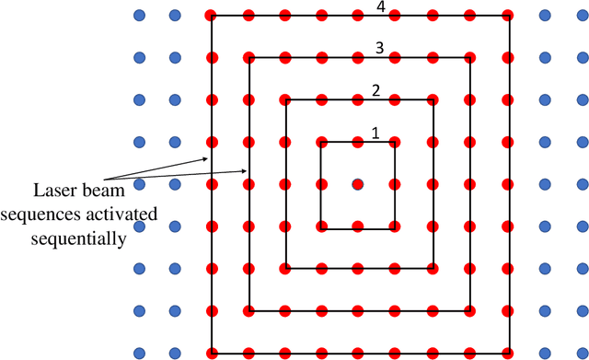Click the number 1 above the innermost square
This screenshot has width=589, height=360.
[375, 133]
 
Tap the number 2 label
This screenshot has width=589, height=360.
[375, 90]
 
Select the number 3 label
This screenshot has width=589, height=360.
[379, 47]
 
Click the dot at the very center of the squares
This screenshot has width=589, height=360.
[358, 184]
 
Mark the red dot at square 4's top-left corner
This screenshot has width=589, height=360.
[212, 16]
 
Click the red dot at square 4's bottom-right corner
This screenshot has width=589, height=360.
[507, 352]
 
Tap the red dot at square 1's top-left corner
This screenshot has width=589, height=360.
[321, 142]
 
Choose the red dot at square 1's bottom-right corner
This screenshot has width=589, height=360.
[395, 226]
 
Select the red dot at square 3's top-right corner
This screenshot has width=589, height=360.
[470, 58]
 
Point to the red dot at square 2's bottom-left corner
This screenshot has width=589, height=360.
[285, 268]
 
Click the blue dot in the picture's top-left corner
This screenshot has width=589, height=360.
[139, 16]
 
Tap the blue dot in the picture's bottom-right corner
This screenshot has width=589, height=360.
[581, 352]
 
